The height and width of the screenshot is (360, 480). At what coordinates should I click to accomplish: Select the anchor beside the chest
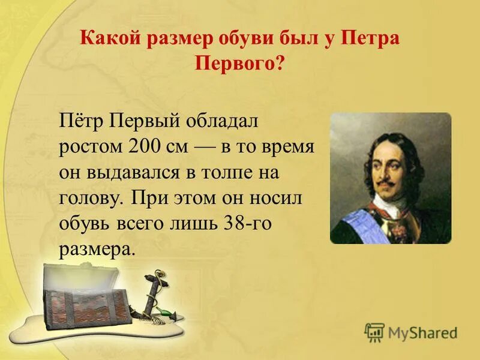click(x=151, y=294)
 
